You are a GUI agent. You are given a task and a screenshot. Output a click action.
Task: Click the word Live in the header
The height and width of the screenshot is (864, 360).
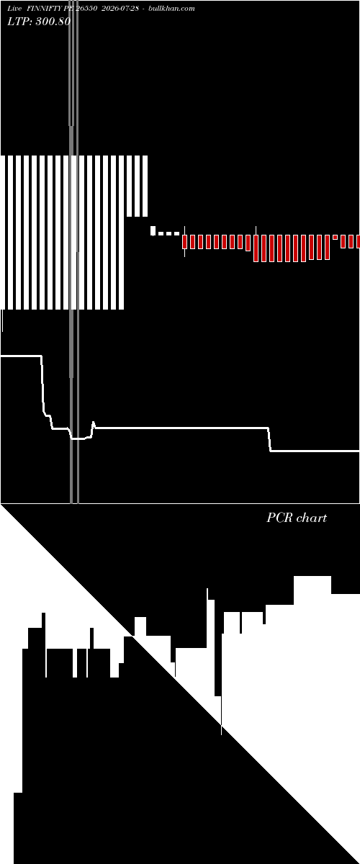[14, 9]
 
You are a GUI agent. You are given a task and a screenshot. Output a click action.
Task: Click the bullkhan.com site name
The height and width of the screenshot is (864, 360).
[171, 9]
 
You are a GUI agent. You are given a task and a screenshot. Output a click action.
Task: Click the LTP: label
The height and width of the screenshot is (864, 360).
[19, 22]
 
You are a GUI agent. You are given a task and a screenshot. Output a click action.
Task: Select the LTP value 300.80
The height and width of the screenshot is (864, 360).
[53, 22]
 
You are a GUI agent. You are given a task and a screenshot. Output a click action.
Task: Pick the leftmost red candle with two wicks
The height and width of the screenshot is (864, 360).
[184, 242]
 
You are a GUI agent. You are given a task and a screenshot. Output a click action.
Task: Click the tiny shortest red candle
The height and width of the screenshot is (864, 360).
[335, 237]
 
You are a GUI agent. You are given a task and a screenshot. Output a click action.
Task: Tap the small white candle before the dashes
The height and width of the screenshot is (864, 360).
[153, 230]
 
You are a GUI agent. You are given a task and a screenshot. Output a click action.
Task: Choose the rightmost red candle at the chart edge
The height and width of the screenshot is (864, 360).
[358, 241]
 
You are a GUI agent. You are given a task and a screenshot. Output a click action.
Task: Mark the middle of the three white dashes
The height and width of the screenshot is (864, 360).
[168, 233]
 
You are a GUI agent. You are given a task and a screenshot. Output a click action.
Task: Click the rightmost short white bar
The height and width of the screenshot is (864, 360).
[145, 186]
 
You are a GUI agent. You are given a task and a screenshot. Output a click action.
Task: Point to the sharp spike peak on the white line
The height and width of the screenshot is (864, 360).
[94, 423]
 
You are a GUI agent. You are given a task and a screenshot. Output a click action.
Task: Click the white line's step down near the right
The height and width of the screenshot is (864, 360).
[269, 439]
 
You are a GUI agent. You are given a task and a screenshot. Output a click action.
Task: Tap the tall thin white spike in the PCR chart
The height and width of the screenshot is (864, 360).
[207, 617]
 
